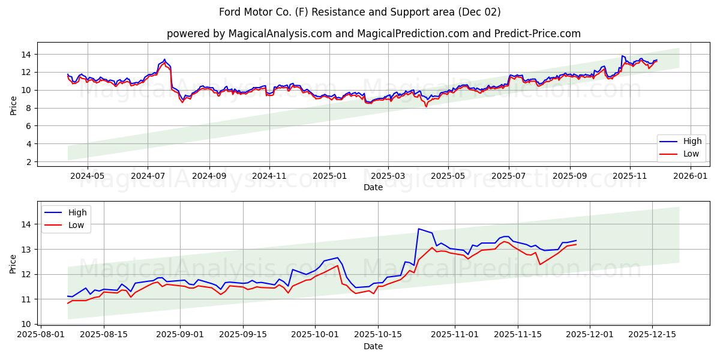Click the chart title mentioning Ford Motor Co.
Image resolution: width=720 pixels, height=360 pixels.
(x=360, y=12)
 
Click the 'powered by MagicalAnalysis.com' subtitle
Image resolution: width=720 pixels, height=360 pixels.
(x=373, y=34)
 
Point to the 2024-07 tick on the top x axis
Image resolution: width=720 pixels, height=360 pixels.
(x=148, y=176)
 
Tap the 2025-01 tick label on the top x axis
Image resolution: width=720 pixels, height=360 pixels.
(x=329, y=176)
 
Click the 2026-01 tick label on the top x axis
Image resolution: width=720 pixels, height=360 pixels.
(x=691, y=176)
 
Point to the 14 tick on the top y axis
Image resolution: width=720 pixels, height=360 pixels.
(x=27, y=55)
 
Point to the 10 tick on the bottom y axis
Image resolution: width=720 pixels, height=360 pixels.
(x=27, y=324)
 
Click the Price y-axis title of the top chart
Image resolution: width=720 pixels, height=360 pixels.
(x=13, y=104)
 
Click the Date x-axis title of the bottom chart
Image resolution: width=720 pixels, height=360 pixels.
(x=373, y=346)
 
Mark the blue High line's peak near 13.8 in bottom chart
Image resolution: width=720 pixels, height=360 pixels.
(x=418, y=229)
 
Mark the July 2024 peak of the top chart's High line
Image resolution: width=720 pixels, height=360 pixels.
(x=164, y=59)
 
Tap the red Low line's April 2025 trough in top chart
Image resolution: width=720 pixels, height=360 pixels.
(x=426, y=106)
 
